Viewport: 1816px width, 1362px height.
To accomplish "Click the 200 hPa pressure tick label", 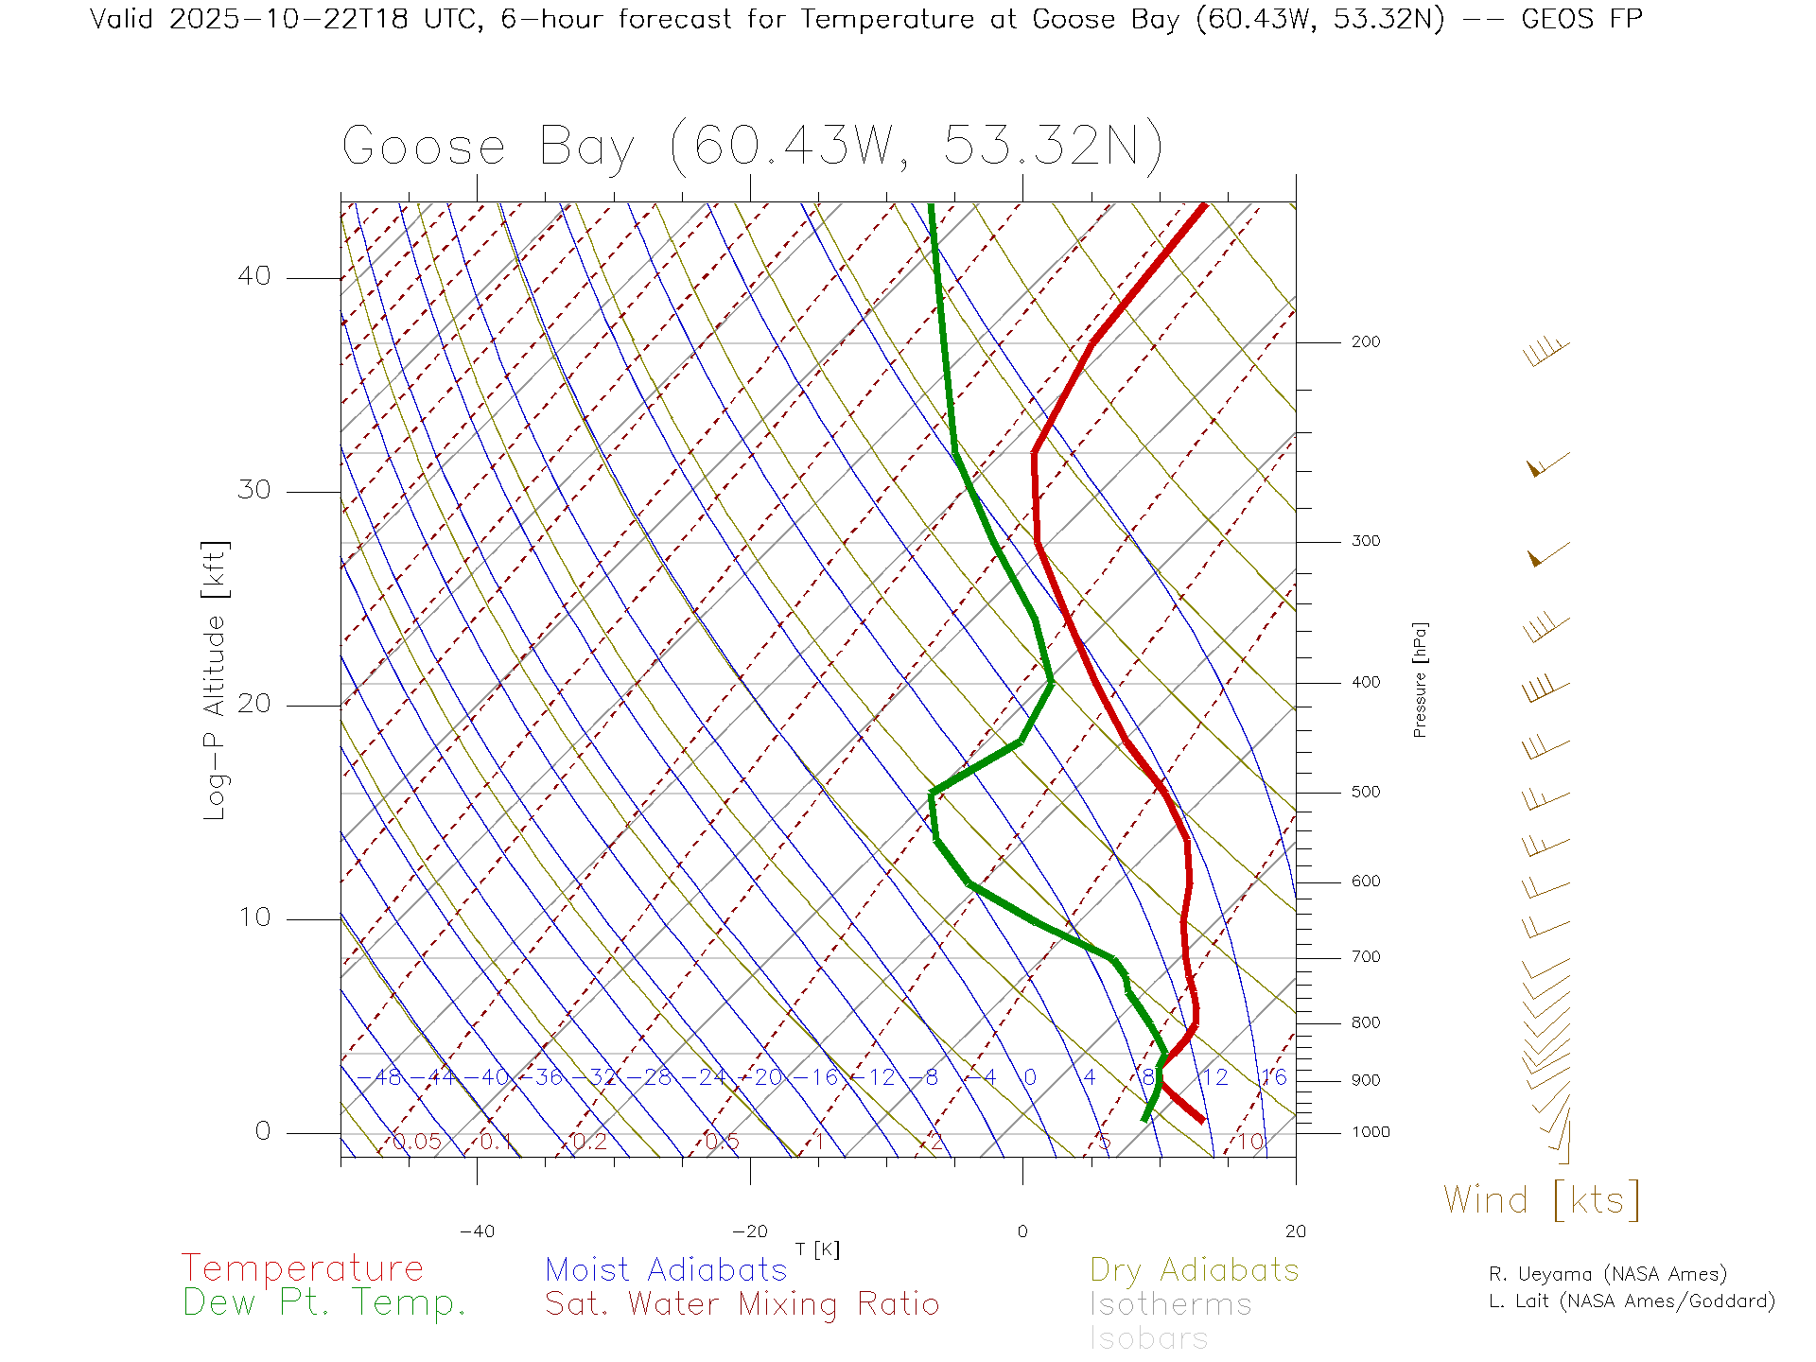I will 1365,341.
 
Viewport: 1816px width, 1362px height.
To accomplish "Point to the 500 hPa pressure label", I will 1365,792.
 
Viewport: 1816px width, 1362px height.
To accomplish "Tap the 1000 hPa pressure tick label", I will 1371,1132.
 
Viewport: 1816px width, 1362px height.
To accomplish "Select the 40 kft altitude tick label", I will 253,276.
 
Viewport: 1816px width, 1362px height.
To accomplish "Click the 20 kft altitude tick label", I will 253,704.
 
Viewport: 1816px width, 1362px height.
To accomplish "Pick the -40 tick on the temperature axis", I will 477,1231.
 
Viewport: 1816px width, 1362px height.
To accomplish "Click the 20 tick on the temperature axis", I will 1295,1231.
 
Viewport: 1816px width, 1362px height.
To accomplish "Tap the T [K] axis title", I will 817,1249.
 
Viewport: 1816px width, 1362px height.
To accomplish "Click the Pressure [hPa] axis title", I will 1420,679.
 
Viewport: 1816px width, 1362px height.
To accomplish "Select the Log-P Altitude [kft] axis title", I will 216,680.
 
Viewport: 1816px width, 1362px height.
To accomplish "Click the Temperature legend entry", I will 303,1268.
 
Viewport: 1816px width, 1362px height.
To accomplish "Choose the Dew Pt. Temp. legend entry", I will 324,1303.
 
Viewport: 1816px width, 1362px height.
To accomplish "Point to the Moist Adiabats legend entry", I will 666,1270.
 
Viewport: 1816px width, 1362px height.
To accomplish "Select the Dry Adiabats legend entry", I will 1195,1270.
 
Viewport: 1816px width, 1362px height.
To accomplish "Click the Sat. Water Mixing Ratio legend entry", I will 742,1304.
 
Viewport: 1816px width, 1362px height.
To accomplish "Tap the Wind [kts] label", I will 1542,1200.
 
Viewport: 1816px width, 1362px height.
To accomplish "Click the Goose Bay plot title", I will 752,147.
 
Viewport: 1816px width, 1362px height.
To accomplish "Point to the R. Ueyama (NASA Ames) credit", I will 1608,1274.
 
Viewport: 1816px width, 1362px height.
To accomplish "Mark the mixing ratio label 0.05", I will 416,1142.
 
